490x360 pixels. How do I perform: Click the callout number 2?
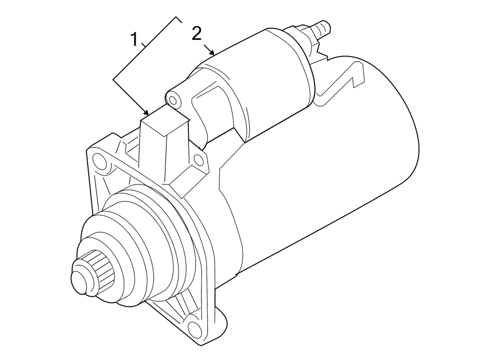tap(197, 34)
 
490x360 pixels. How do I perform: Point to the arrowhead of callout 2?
tap(215, 54)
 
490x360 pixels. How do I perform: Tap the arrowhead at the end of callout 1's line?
tap(148, 113)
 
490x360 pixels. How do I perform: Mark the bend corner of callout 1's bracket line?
tap(114, 80)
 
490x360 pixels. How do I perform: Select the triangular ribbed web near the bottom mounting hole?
tap(174, 310)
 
